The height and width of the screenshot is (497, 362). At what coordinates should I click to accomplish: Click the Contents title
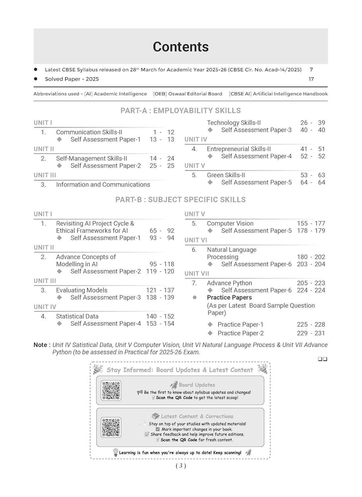pos(181,47)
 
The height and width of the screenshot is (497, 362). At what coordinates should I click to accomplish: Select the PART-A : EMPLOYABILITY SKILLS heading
pos(181,111)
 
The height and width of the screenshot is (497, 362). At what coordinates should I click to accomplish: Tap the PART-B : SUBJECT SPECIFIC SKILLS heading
pos(181,199)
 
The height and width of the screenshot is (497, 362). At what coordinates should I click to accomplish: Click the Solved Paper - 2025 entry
pos(72,79)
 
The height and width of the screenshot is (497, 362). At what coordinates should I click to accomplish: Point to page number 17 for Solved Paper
pos(311,79)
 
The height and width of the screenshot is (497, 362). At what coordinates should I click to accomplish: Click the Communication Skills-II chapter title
pos(89,132)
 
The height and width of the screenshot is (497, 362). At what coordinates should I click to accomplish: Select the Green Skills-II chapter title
pos(226,175)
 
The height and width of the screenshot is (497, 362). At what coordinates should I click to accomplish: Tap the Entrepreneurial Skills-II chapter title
pos(239,149)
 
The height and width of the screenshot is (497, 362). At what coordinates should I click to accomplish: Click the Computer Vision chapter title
pos(230,223)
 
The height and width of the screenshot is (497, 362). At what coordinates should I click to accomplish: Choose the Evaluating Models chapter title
pos(82,290)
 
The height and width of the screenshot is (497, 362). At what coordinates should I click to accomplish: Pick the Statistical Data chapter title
pos(77,316)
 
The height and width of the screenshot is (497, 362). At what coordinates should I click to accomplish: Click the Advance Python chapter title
pos(229,283)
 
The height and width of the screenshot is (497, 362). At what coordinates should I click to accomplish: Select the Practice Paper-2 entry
pos(241,333)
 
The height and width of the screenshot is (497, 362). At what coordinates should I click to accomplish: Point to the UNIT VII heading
pos(197,273)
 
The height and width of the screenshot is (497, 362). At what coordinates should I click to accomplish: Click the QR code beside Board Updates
pos(111,390)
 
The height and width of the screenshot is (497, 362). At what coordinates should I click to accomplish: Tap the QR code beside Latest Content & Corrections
pos(111,427)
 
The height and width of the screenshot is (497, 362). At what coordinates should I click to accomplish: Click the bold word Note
pos(40,345)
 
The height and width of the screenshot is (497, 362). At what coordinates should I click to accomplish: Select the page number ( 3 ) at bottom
pos(181,466)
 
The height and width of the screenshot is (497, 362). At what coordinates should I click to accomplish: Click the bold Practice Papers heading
pos(229,298)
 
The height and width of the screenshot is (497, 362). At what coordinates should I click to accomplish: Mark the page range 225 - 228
pos(311,324)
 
